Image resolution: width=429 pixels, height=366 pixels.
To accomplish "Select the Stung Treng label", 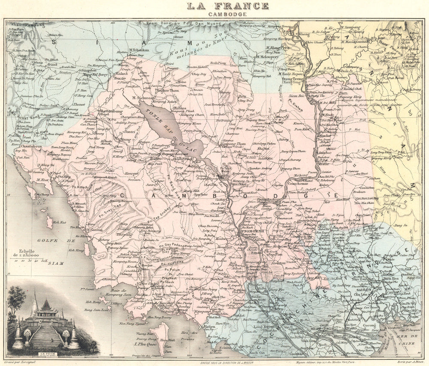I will [x=293, y=79].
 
